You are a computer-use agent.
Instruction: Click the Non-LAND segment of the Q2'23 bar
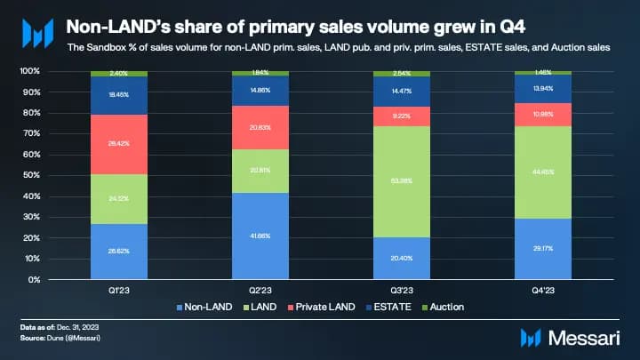[260, 236]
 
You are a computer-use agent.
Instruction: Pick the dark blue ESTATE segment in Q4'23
[542, 89]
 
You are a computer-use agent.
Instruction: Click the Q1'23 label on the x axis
[118, 289]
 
